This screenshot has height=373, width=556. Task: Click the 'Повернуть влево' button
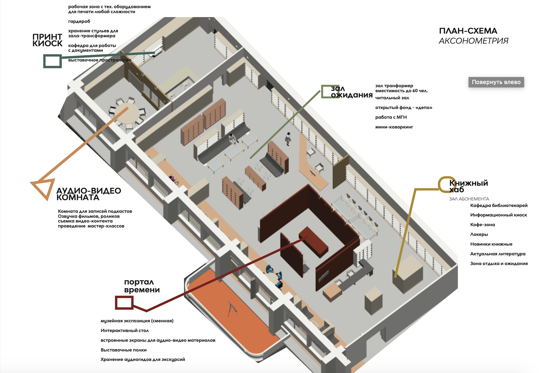point(496,82)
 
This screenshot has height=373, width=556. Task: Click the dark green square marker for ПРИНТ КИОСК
point(52,61)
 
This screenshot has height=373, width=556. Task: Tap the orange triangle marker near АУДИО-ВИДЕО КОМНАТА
point(43,188)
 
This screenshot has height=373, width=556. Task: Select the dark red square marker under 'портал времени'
point(124,303)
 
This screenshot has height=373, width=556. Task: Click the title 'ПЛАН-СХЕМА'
point(468,31)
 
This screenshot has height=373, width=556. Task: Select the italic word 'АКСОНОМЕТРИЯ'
point(473,41)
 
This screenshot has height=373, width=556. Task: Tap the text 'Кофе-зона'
point(482,225)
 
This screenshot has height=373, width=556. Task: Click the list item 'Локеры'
point(479,234)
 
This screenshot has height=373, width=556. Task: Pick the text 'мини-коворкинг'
point(394,127)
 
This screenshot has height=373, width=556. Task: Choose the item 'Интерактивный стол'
point(125,330)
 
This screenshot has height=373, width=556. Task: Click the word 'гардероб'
point(79,21)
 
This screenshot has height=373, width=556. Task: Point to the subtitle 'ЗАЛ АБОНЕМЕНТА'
point(469,199)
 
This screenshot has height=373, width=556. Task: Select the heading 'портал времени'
point(142,286)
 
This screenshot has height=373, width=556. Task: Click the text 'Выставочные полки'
point(124,350)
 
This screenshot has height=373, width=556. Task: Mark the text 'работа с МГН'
point(391,117)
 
